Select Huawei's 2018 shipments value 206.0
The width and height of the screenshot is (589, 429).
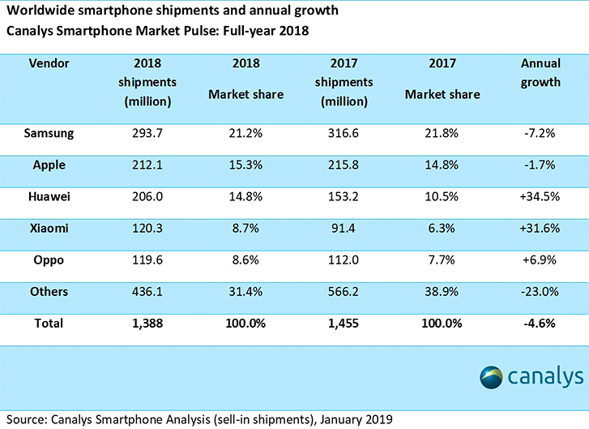click(147, 195)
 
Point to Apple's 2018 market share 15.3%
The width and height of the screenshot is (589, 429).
click(245, 165)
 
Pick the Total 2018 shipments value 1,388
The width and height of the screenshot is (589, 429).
click(147, 323)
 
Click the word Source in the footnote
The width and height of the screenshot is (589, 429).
click(23, 419)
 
